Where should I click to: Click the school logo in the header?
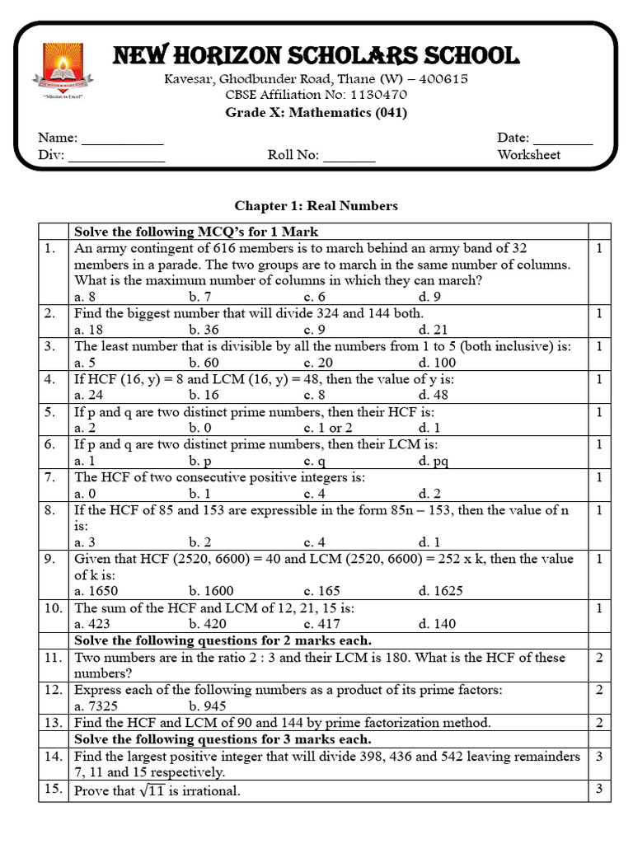(x=66, y=72)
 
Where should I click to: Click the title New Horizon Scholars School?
(x=316, y=56)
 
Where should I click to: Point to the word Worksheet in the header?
(x=528, y=155)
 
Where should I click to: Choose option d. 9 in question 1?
(x=429, y=297)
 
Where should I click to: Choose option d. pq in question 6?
(x=434, y=461)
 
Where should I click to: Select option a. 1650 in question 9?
(x=95, y=591)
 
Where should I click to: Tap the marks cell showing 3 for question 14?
(x=599, y=756)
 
